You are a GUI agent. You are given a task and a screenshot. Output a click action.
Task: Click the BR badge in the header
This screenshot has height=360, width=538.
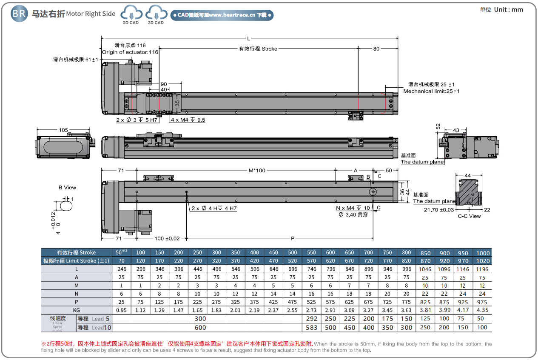point(19,14)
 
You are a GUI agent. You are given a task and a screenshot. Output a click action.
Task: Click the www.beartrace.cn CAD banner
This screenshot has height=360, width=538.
point(222,15)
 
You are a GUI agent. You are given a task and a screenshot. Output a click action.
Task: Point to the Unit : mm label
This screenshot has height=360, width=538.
point(501,10)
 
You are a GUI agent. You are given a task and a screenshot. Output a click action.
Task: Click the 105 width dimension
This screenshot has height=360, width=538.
point(63,130)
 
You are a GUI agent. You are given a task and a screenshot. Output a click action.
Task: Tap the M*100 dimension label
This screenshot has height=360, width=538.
point(257,170)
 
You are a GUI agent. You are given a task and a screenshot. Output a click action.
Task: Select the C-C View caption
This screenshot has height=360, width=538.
point(469,216)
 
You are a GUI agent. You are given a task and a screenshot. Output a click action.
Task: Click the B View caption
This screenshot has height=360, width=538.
point(68,187)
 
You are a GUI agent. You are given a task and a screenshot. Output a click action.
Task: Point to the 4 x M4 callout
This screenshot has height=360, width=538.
point(188,120)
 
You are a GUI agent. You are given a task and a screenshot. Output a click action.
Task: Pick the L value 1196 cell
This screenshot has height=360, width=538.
point(482,269)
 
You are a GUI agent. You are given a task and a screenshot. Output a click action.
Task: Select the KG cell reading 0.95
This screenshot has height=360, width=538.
point(122,310)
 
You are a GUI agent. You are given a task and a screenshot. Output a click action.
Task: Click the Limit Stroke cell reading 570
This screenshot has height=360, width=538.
point(311,261)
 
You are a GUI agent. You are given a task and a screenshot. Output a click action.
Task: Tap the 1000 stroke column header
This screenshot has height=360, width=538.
point(482,253)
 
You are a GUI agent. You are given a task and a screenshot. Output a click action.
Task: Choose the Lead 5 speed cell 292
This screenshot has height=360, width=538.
point(311,319)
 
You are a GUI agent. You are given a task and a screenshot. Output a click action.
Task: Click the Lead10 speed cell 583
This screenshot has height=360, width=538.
point(311,328)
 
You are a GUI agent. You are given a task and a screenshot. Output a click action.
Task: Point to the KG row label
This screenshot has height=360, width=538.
point(77,310)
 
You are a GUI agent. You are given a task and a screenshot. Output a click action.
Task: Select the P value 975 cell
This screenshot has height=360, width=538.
point(482,302)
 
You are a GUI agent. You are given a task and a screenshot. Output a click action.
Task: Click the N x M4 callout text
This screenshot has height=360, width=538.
point(353,208)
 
